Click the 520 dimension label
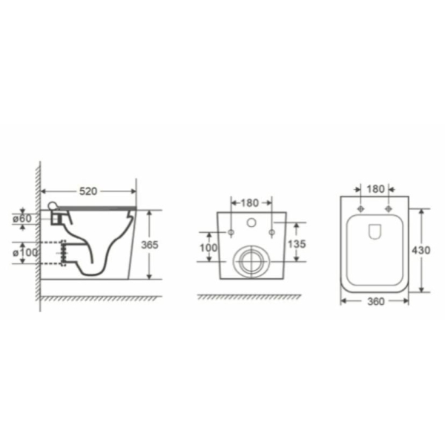pyautogui.click(x=88, y=191)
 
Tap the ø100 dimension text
pyautogui.click(x=25, y=252)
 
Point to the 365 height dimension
pyautogui.click(x=150, y=245)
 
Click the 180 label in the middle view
pyautogui.click(x=250, y=203)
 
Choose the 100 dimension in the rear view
pyautogui.click(x=208, y=248)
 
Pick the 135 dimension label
pyautogui.click(x=297, y=244)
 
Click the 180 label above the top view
pyautogui.click(x=375, y=189)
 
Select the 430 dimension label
pyautogui.click(x=421, y=250)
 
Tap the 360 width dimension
pyautogui.click(x=376, y=301)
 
